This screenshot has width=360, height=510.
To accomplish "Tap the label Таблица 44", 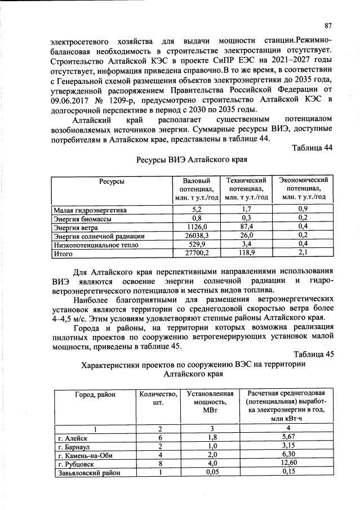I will click(313, 148).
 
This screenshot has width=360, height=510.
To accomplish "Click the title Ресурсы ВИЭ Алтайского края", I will click(192, 159).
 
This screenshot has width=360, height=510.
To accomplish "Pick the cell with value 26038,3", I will click(197, 236).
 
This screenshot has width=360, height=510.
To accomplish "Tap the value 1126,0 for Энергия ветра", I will click(197, 227).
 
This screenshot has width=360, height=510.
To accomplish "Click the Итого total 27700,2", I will click(197, 254).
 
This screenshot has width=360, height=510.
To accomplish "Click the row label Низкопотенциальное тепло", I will click(96, 245).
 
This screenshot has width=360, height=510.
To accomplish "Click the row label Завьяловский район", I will click(87, 473).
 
